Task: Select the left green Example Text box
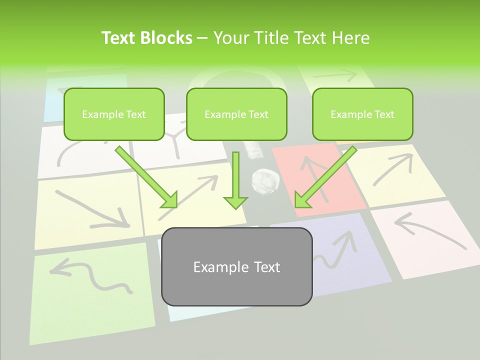pyautogui.click(x=114, y=114)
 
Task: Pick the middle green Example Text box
pyautogui.click(x=236, y=114)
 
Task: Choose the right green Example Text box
pyautogui.click(x=362, y=114)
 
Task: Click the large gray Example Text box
pyautogui.click(x=236, y=266)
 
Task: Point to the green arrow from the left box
pyautogui.click(x=147, y=177)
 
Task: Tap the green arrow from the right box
pyautogui.click(x=324, y=177)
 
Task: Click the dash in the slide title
pyautogui.click(x=202, y=38)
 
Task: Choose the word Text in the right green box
pyautogui.click(x=383, y=114)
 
